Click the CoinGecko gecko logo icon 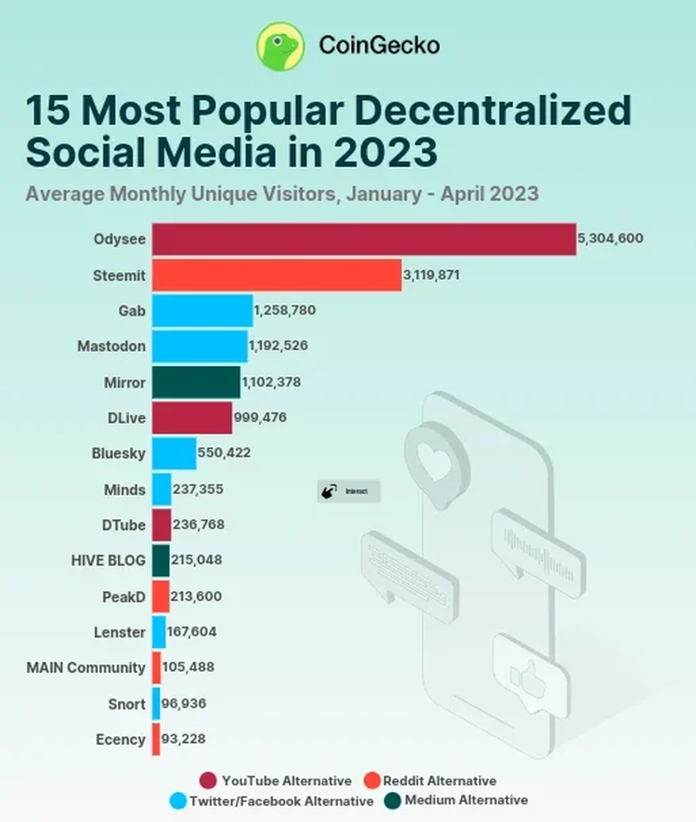[281, 46]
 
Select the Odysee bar [364, 239]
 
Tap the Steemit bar [276, 275]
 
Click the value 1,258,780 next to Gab [284, 310]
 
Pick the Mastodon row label [111, 346]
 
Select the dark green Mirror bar [196, 382]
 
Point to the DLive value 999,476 [260, 418]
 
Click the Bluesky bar [174, 454]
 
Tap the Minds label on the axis [124, 490]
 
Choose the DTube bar [161, 525]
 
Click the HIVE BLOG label [108, 561]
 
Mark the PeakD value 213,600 [197, 596]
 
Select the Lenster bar [159, 632]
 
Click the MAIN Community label [86, 667]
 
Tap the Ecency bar [155, 739]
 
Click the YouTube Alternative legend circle [208, 780]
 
